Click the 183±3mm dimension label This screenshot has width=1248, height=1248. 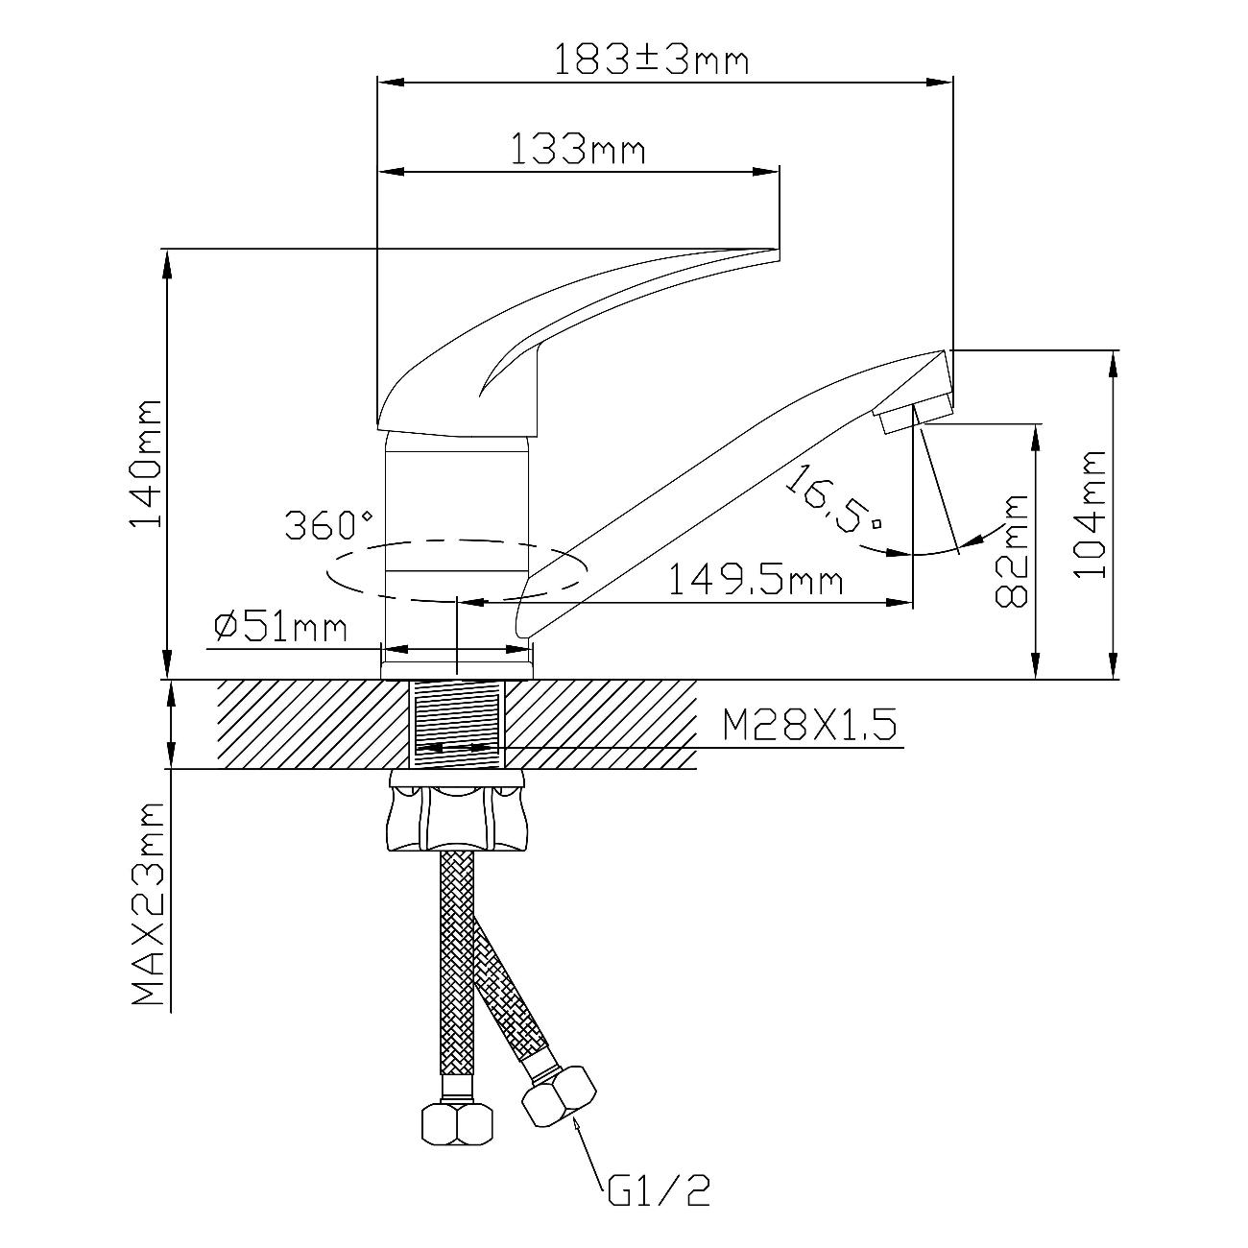click(652, 60)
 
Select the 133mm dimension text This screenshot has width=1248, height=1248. click(578, 150)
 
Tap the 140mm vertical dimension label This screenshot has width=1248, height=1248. click(145, 465)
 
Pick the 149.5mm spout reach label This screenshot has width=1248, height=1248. click(756, 580)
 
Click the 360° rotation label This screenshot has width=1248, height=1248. click(329, 525)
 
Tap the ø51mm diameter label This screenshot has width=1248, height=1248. click(280, 628)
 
